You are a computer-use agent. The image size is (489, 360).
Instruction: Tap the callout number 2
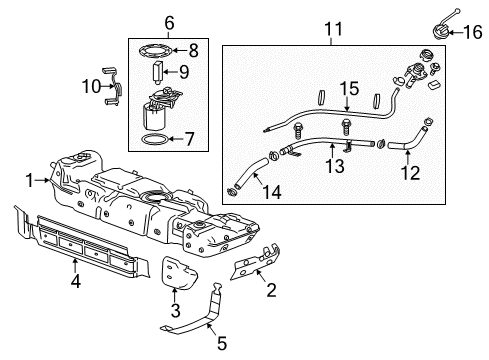(271, 290)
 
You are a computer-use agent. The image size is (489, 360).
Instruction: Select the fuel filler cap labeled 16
(437, 26)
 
